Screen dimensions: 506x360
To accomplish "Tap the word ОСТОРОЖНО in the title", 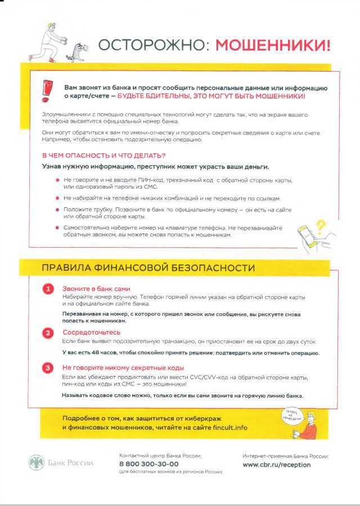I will tap(151, 45).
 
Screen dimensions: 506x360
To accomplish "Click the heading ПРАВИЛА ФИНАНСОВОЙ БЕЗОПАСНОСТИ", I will tap(148, 268).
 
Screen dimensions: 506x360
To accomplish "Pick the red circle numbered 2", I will tap(48, 333).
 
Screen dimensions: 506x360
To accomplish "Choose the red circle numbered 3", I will tap(48, 368).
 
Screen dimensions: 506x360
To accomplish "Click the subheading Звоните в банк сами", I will tap(92, 288).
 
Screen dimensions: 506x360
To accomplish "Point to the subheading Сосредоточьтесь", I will tap(91, 332).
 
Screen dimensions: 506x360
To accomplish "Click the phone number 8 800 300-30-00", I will tap(148, 464).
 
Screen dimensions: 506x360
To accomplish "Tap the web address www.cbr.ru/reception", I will tap(276, 465).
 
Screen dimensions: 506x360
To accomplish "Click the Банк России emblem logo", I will tap(36, 463).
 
